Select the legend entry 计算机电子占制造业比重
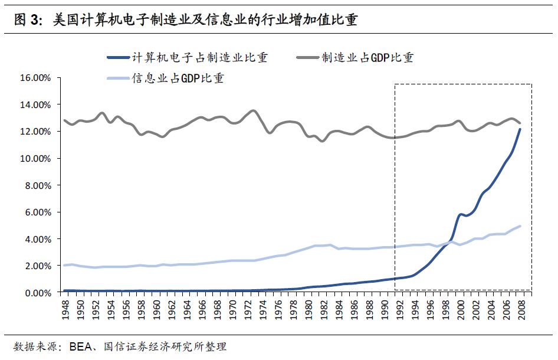point(189,57)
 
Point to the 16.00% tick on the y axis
point(37,78)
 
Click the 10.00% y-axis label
point(37,158)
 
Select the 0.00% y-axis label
point(39,293)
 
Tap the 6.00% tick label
point(39,212)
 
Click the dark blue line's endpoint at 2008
point(520,129)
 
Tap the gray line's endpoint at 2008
point(520,123)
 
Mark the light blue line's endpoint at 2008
point(520,226)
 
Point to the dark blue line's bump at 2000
point(460,215)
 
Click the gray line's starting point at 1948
point(64,120)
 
